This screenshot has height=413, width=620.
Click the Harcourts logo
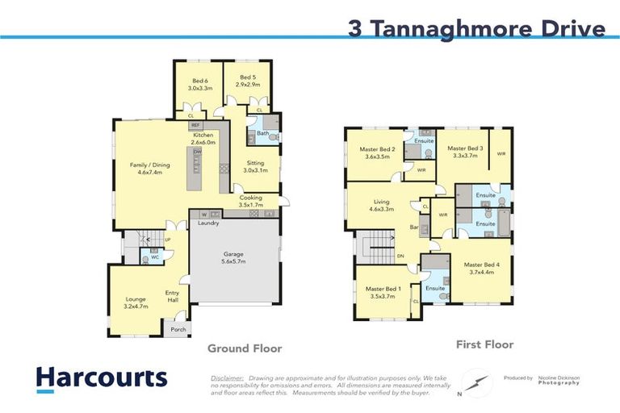pyautogui.click(x=101, y=378)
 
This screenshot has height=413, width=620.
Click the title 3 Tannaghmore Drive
pyautogui.click(x=476, y=29)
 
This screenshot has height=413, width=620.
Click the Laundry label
pyautogui.click(x=210, y=225)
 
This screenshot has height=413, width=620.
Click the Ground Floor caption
pyautogui.click(x=245, y=348)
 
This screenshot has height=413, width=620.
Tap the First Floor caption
pyautogui.click(x=484, y=344)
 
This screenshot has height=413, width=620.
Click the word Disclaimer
pyautogui.click(x=228, y=378)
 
